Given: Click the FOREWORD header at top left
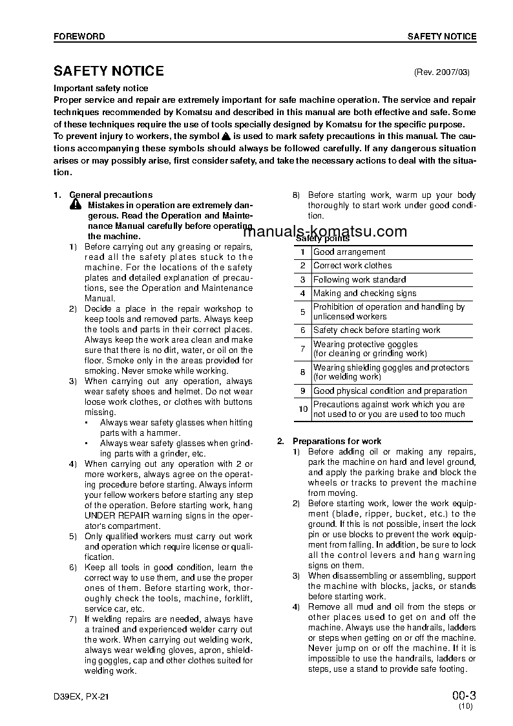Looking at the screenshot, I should (x=79, y=37).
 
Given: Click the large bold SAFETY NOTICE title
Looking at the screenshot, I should (x=109, y=71).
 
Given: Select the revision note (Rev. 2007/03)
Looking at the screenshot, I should (x=445, y=72).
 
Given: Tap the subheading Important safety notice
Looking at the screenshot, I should (x=101, y=88).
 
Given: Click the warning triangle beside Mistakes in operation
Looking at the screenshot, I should (x=76, y=206).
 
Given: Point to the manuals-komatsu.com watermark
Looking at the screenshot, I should (x=326, y=232).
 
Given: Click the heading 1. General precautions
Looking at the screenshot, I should (x=103, y=195).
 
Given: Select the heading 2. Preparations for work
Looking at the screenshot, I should (x=329, y=441).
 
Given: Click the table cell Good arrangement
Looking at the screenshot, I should (x=349, y=252).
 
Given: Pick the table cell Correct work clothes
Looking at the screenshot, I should (x=352, y=266).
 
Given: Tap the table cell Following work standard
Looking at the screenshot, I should (x=359, y=280).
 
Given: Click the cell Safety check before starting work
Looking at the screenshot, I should (x=377, y=330).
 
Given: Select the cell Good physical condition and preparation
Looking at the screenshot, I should (x=390, y=391).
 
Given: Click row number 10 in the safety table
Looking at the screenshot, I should (x=302, y=409).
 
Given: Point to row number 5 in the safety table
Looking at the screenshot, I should (x=302, y=312).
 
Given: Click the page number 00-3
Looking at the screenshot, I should (x=463, y=696).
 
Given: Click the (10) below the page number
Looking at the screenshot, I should (x=466, y=707).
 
